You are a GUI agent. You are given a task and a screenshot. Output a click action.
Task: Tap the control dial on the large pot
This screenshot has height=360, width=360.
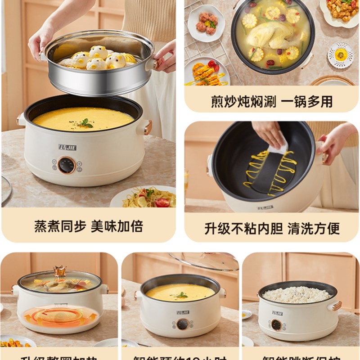[67, 165]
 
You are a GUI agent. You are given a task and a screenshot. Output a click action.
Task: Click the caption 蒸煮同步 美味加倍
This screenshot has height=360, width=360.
[89, 226]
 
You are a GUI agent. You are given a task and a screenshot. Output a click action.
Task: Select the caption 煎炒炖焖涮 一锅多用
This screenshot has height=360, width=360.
[272, 101]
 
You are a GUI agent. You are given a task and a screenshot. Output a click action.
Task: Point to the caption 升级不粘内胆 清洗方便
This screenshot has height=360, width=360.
[272, 228]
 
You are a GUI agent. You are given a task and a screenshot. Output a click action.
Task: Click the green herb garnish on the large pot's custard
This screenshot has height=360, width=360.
[85, 122]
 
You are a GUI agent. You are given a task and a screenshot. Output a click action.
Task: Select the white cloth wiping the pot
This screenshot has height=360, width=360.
[278, 147]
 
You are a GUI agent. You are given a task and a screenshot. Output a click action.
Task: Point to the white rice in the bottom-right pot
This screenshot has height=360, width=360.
[297, 294]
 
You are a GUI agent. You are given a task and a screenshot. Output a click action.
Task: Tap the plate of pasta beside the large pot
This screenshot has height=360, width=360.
[148, 198]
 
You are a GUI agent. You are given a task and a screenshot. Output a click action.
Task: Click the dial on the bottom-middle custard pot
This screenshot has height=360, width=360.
[182, 324]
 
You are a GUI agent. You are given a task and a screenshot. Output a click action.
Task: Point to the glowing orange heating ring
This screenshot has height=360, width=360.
[60, 316]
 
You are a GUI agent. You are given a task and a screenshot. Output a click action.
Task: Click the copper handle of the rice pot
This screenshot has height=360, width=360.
[335, 306]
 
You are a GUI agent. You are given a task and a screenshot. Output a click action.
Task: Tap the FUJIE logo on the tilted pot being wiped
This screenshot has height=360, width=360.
[265, 207]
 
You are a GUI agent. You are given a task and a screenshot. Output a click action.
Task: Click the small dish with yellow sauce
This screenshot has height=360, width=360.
[340, 55]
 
